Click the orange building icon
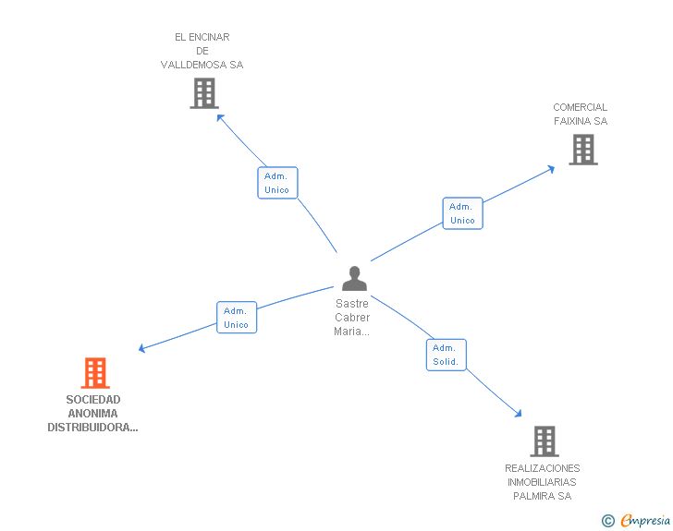click(x=95, y=373)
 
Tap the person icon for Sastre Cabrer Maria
click(x=355, y=278)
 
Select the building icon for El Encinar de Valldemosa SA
click(x=204, y=93)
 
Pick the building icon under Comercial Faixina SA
click(x=583, y=150)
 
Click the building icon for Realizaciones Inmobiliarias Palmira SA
click(x=545, y=441)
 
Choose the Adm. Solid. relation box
click(x=447, y=355)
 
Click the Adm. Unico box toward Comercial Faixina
click(x=462, y=213)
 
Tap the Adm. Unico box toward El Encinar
click(x=277, y=183)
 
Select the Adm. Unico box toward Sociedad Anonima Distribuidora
click(x=237, y=318)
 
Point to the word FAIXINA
click(x=572, y=121)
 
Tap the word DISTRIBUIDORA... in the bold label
click(x=92, y=428)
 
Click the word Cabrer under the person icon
click(x=352, y=318)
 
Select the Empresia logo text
click(x=645, y=520)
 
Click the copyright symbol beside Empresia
click(x=608, y=521)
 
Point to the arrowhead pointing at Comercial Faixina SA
click(x=552, y=169)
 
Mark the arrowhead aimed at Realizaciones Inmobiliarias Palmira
click(x=519, y=414)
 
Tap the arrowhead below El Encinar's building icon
click(x=220, y=117)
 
